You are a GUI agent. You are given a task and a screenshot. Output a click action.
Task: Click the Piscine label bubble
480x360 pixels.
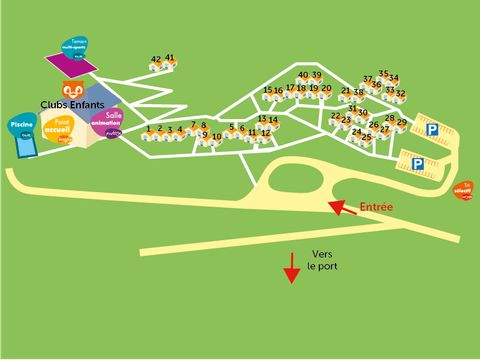21,124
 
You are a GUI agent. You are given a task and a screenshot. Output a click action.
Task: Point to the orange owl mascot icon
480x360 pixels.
72,89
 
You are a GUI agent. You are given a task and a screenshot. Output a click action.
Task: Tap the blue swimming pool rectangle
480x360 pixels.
26,143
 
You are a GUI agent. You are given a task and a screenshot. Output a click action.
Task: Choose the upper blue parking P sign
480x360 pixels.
432,129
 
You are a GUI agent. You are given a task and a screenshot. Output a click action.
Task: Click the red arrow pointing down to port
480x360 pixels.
292,267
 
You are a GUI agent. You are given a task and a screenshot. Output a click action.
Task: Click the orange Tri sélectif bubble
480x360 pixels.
462,190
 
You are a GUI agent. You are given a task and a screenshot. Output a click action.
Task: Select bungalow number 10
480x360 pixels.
217,139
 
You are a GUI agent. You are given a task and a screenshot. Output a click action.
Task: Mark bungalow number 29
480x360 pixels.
402,124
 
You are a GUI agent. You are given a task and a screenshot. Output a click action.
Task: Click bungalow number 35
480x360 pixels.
383,76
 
